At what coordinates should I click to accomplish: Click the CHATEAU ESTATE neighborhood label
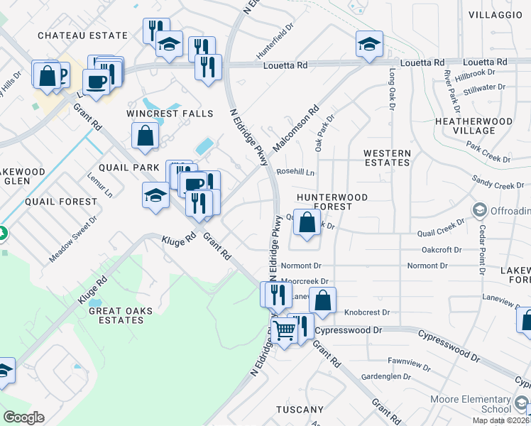point(82,35)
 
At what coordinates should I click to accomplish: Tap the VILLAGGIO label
point(495,14)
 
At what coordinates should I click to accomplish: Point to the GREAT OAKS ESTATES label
point(116,315)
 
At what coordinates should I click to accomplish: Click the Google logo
point(23,417)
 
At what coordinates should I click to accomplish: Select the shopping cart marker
point(284,329)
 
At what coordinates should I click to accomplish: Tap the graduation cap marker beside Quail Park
point(155,195)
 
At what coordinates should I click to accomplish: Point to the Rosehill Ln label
point(295,172)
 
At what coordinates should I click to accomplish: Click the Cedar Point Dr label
point(481,250)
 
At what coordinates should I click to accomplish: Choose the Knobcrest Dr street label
point(367,312)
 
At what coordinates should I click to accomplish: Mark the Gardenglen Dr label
point(386,376)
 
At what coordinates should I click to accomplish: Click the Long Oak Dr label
point(391,89)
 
